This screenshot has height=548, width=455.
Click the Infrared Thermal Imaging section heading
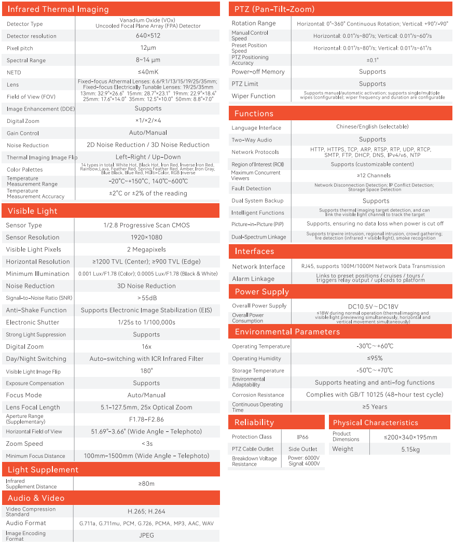click(x=58, y=9)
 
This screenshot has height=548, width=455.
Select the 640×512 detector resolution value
click(x=148, y=36)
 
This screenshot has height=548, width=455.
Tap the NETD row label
click(x=14, y=73)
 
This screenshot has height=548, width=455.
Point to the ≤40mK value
click(x=148, y=73)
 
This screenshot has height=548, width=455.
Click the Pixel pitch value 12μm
click(x=148, y=48)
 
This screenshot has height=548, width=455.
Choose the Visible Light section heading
click(x=33, y=211)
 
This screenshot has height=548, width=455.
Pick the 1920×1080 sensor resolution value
click(x=146, y=237)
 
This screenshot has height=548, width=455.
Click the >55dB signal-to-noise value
click(x=147, y=298)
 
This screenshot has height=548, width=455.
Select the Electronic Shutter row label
click(x=33, y=322)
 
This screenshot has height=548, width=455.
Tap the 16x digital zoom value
click(x=146, y=346)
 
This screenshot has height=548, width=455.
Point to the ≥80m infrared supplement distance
click(x=146, y=484)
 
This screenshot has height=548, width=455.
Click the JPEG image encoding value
click(x=146, y=536)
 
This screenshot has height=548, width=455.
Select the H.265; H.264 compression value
click(x=146, y=511)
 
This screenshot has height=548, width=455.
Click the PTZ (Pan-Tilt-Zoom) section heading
click(x=274, y=9)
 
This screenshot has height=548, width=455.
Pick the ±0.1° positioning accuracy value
click(x=372, y=60)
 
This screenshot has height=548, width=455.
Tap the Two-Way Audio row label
click(x=252, y=140)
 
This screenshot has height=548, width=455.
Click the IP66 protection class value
click(x=303, y=437)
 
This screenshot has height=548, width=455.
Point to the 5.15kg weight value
click(x=410, y=449)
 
